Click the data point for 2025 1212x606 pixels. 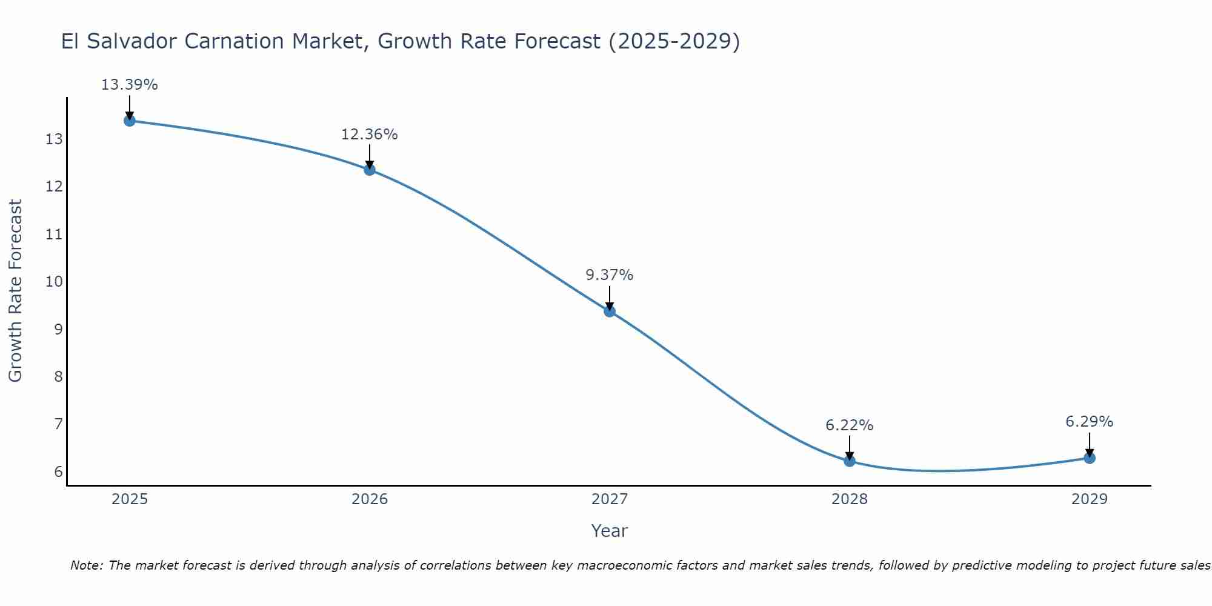[129, 121]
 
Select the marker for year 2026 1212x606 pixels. [370, 170]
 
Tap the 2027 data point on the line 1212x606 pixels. [610, 311]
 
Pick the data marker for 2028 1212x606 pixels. [850, 461]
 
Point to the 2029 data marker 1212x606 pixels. [1090, 458]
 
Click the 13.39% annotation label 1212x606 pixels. [129, 85]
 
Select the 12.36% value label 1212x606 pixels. [370, 135]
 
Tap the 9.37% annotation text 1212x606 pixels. [610, 275]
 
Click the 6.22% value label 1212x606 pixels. [850, 425]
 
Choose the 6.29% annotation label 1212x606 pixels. [1090, 422]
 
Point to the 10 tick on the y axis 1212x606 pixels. [54, 282]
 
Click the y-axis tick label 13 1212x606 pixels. [54, 140]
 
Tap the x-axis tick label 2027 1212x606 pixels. [610, 499]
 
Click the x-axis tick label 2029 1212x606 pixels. [1090, 499]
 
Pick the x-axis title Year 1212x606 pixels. [610, 531]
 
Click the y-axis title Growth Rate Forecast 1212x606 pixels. [15, 291]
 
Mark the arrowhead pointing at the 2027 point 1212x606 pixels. [610, 306]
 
